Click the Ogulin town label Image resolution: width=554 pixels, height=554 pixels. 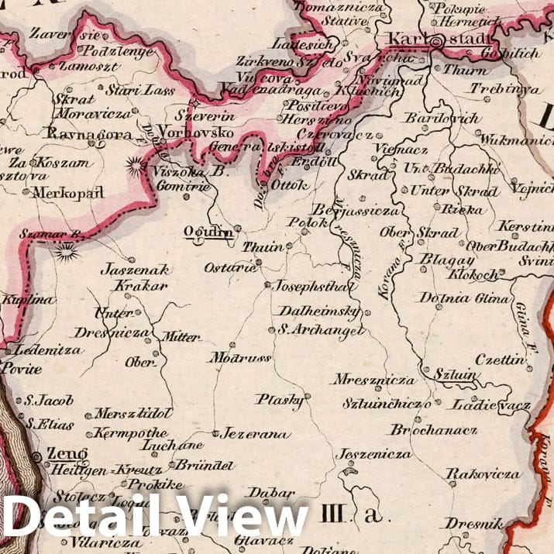[x=201, y=231]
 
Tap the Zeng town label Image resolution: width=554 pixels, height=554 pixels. [x=67, y=453]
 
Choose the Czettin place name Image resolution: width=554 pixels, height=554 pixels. [x=500, y=360]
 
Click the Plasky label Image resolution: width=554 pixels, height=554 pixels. [x=280, y=400]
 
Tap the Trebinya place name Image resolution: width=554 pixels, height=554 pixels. [x=505, y=88]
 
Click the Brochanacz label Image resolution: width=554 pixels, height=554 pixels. [x=434, y=429]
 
